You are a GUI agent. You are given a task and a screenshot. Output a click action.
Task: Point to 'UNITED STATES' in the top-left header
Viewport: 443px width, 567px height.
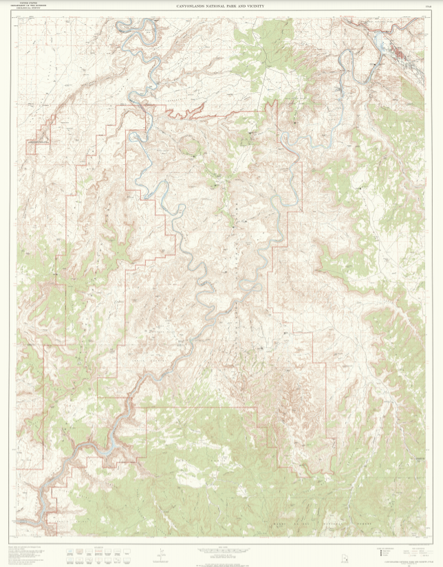[30, 3]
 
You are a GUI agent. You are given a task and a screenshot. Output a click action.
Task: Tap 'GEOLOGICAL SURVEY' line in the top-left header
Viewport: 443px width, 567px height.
[30, 9]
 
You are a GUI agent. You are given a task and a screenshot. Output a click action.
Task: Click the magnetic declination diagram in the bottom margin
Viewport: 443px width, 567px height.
[160, 553]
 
